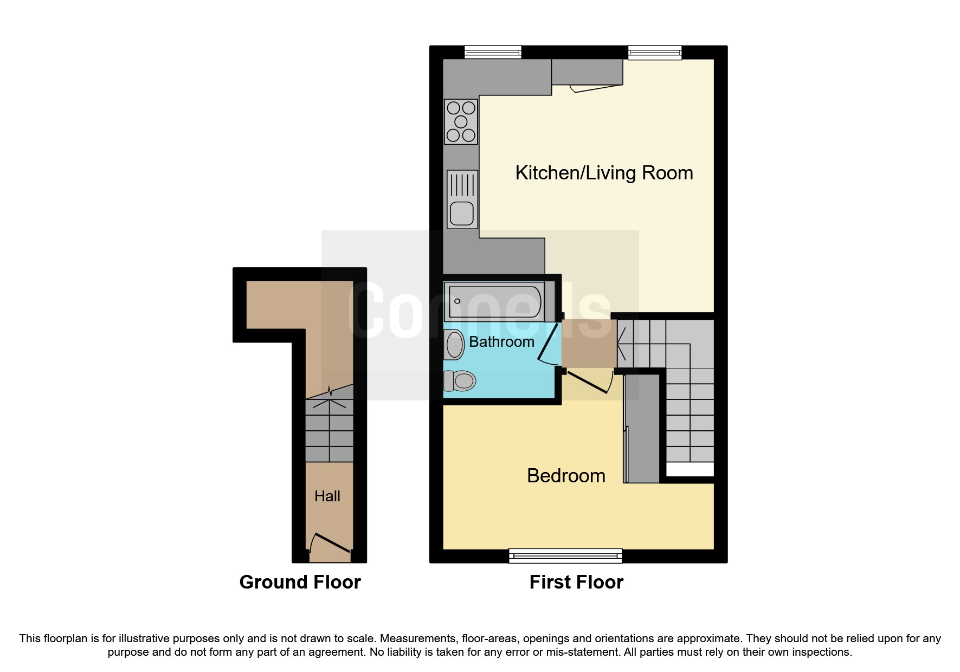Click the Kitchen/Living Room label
604,173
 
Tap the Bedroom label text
566,476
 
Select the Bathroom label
501,342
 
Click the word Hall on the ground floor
327,496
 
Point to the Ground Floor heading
300,582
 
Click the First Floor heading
576,582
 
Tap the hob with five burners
461,122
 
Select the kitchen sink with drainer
462,199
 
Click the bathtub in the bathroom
494,301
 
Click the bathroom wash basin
454,345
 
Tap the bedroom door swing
591,382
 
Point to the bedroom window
565,555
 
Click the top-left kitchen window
493,52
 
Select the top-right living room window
654,52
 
